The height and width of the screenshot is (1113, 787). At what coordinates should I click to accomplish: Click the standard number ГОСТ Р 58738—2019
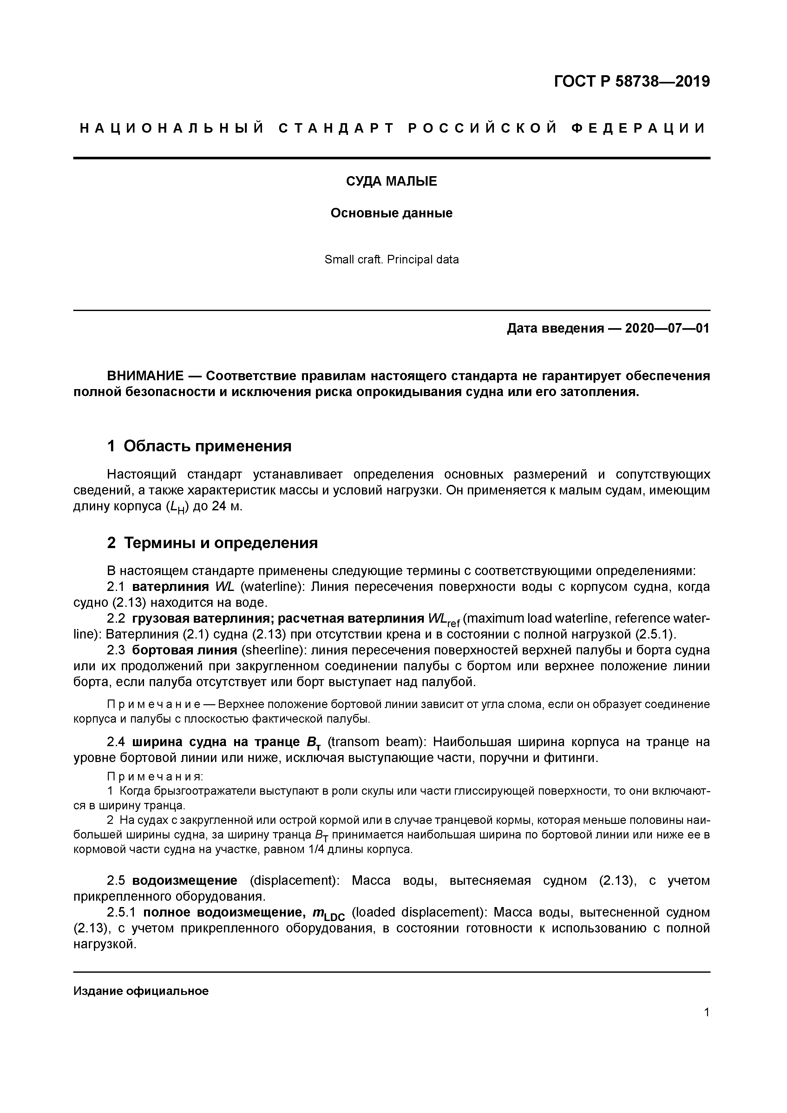click(632, 82)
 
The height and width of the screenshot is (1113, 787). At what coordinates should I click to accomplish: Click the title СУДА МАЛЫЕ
click(391, 181)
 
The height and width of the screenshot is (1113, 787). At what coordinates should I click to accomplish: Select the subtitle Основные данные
click(391, 213)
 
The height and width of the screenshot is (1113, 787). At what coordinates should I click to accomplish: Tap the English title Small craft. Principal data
click(391, 260)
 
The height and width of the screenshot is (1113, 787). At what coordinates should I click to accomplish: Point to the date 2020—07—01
click(667, 329)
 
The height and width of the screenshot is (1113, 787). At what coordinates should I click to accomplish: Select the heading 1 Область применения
click(199, 446)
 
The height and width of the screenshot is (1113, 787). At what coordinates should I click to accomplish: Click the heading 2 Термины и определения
click(212, 543)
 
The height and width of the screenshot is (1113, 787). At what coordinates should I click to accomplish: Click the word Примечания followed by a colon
click(154, 777)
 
